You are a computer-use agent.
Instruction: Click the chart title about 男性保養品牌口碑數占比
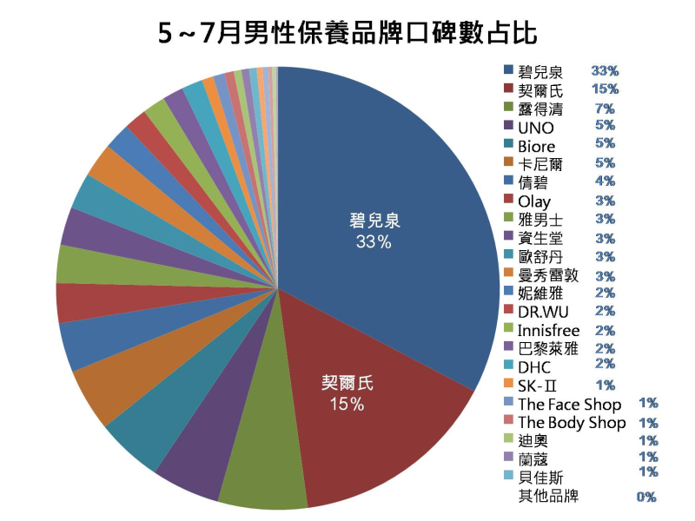tap(347, 33)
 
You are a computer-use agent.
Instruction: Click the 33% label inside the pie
tap(373, 242)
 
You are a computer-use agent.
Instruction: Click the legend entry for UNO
tap(535, 128)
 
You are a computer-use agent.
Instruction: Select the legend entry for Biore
tap(536, 146)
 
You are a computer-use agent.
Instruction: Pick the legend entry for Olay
tap(534, 201)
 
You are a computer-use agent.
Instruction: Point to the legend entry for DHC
tap(534, 367)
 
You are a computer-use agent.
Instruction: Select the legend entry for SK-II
tap(536, 386)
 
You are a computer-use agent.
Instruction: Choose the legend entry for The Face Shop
tap(569, 405)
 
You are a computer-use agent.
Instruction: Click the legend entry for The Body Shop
tap(571, 423)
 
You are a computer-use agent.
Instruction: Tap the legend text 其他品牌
tap(547, 497)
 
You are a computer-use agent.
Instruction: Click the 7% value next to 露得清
tap(605, 109)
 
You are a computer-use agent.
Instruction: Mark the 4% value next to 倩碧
tap(605, 181)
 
